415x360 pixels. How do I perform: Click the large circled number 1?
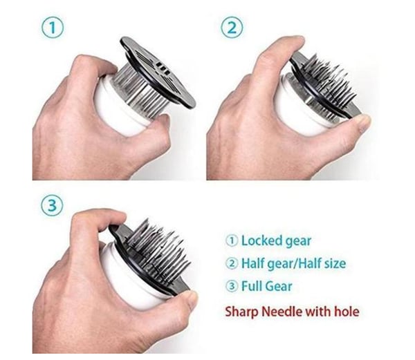coord(53,28)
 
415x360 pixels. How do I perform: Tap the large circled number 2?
coord(232,28)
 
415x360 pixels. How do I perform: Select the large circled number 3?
coord(53,205)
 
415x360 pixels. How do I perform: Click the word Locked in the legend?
coord(258,241)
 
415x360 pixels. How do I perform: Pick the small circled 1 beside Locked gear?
coord(232,241)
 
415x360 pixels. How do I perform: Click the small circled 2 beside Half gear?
coord(232,264)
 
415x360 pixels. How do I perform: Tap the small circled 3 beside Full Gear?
coord(232,287)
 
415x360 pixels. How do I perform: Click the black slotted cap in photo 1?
coord(158,72)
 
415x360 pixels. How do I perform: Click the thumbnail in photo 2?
coord(363,120)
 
